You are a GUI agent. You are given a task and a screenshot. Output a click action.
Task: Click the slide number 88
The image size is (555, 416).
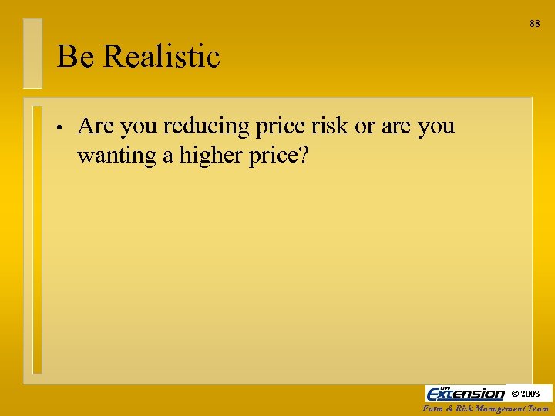click(x=535, y=24)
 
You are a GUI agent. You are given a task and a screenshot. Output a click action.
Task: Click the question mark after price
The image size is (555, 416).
click(x=303, y=155)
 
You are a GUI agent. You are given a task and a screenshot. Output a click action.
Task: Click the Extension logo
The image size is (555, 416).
click(x=465, y=393)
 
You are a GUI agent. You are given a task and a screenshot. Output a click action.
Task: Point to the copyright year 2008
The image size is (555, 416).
click(x=536, y=394)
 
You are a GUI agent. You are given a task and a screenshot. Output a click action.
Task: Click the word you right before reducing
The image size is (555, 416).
click(x=139, y=126)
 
